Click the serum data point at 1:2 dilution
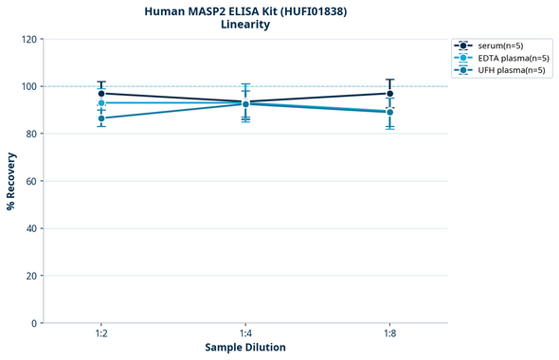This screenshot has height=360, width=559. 101,94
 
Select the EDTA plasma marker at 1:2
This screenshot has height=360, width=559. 101,103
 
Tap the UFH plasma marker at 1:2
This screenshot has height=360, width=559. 101,118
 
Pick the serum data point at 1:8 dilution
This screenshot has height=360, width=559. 389,94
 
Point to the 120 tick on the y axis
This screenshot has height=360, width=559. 28,39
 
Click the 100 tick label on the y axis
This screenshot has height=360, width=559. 28,86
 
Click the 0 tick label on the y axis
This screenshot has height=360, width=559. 34,323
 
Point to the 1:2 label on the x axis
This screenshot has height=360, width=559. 101,334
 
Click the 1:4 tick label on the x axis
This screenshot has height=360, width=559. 245,334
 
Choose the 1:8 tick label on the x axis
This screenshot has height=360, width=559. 389,334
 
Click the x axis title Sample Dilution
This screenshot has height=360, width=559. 245,348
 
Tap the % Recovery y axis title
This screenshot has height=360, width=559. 11,181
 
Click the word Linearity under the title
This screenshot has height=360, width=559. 244,25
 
